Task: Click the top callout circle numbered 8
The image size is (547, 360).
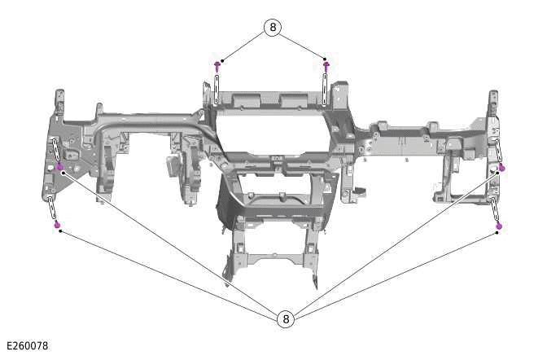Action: pos(273,27)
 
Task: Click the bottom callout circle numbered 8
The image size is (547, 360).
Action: pos(286,319)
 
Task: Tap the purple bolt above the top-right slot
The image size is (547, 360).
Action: pos(326,64)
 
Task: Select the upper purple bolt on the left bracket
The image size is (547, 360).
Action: pos(59,166)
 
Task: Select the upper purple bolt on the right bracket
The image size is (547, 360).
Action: pos(501,168)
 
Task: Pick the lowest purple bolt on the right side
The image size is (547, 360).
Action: pos(499,225)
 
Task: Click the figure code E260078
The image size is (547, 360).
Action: pos(26,346)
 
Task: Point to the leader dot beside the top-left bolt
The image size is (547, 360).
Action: pos(223,59)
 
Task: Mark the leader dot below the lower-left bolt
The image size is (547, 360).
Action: pos(59,231)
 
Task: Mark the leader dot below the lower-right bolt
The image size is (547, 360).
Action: pos(497,233)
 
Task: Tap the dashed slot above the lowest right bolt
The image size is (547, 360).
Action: pos(495,209)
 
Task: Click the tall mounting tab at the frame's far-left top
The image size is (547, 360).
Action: pos(59,103)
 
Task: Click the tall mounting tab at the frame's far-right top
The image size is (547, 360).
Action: pos(493,104)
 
